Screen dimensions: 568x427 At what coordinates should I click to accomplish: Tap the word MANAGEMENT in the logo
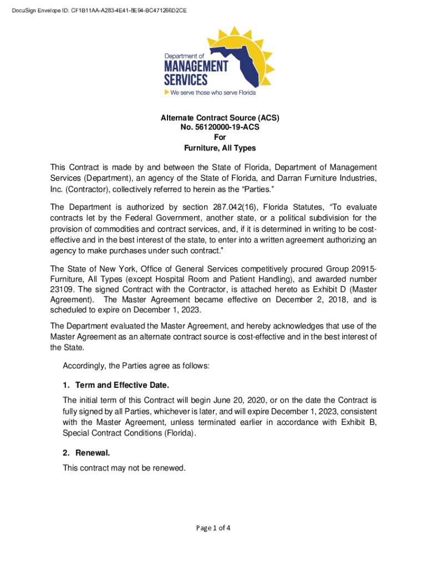(195, 66)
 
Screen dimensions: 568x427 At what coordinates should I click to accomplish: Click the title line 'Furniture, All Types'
(220, 148)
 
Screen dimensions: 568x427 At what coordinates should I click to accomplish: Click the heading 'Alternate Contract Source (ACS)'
(220, 118)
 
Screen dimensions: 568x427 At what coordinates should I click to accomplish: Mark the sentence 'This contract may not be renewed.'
(124, 468)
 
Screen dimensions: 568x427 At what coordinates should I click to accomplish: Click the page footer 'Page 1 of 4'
(213, 528)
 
